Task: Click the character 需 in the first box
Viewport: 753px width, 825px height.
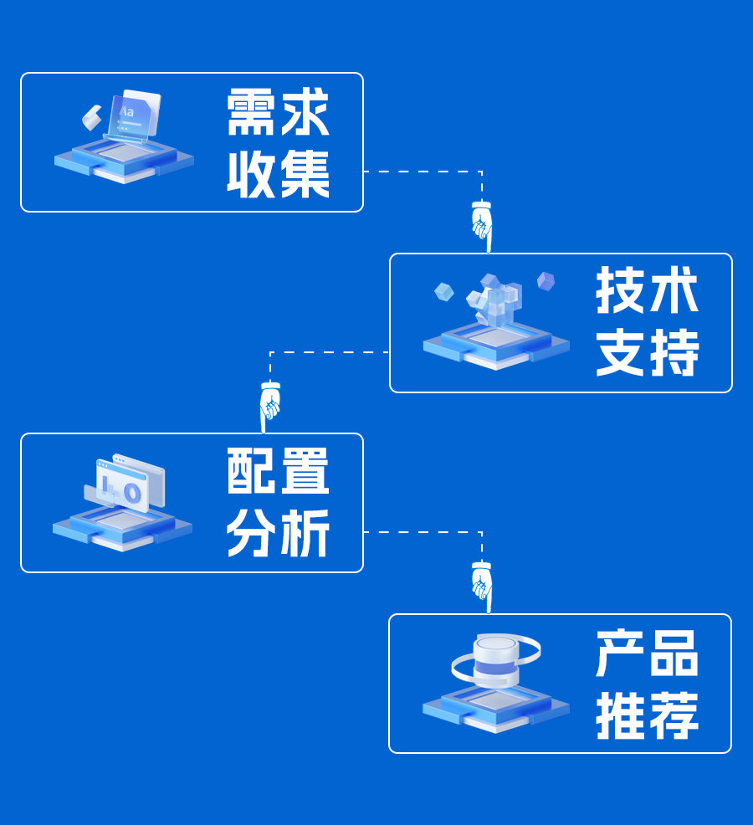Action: pyautogui.click(x=252, y=114)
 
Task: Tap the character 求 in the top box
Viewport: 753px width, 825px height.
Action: pyautogui.click(x=305, y=114)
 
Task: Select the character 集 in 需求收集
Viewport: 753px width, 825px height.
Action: pyautogui.click(x=305, y=174)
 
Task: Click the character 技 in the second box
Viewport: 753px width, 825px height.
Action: pyautogui.click(x=622, y=292)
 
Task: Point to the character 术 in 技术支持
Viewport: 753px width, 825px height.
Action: pyautogui.click(x=674, y=292)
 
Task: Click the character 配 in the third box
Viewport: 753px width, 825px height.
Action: pyautogui.click(x=252, y=472)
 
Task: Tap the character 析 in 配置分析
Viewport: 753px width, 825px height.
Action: pyautogui.click(x=305, y=533)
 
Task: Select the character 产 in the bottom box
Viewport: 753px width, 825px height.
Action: pyautogui.click(x=622, y=653)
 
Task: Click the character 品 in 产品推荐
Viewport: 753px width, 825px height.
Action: pyautogui.click(x=674, y=653)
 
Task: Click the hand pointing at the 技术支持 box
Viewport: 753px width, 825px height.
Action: pyautogui.click(x=481, y=224)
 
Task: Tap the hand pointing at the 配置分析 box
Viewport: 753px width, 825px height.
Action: pyautogui.click(x=269, y=405)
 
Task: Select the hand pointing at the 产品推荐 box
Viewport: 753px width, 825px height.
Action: pyautogui.click(x=481, y=585)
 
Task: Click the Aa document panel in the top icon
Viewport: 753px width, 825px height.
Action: pyautogui.click(x=135, y=115)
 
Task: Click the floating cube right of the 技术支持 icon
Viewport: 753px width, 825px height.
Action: pyautogui.click(x=546, y=281)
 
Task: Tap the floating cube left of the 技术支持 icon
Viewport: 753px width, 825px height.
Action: pyautogui.click(x=444, y=292)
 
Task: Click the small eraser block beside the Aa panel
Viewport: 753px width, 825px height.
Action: pyautogui.click(x=90, y=117)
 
